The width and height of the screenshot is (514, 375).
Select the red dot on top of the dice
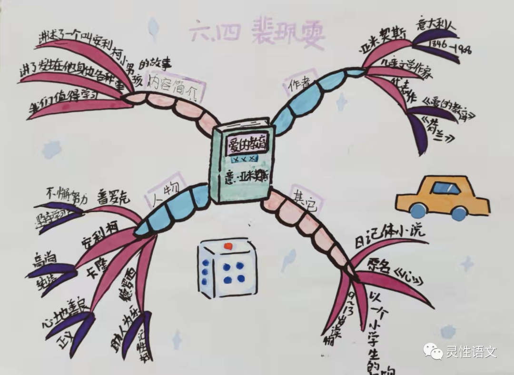(x=228, y=246)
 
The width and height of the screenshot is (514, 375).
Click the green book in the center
(x=243, y=162)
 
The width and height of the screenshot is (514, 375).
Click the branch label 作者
(x=299, y=84)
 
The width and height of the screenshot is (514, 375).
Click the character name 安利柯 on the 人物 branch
(x=100, y=233)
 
